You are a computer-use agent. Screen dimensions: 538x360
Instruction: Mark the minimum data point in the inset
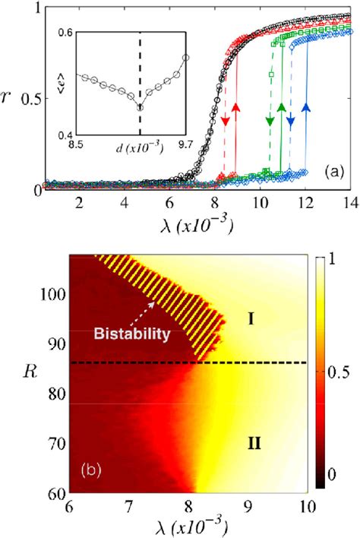tap(140, 107)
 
